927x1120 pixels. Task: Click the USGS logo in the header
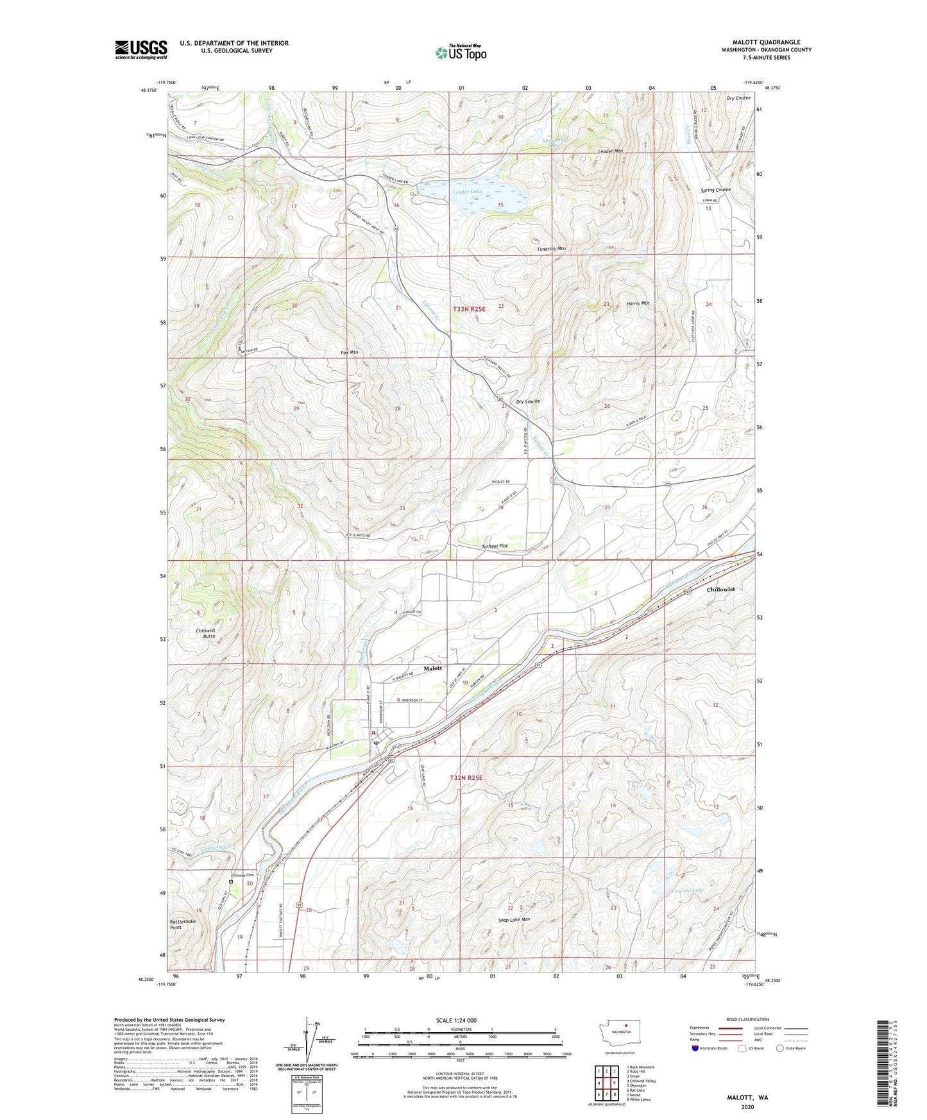[x=141, y=49]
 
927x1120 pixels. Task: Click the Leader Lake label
[x=466, y=192]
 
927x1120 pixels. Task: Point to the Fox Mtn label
[x=350, y=353]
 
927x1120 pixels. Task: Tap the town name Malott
[x=433, y=668]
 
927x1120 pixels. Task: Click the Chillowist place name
[x=720, y=589]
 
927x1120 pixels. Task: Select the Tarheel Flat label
[x=494, y=546]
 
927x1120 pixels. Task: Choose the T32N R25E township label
[x=465, y=777]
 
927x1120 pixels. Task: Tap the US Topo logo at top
[x=460, y=52]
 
